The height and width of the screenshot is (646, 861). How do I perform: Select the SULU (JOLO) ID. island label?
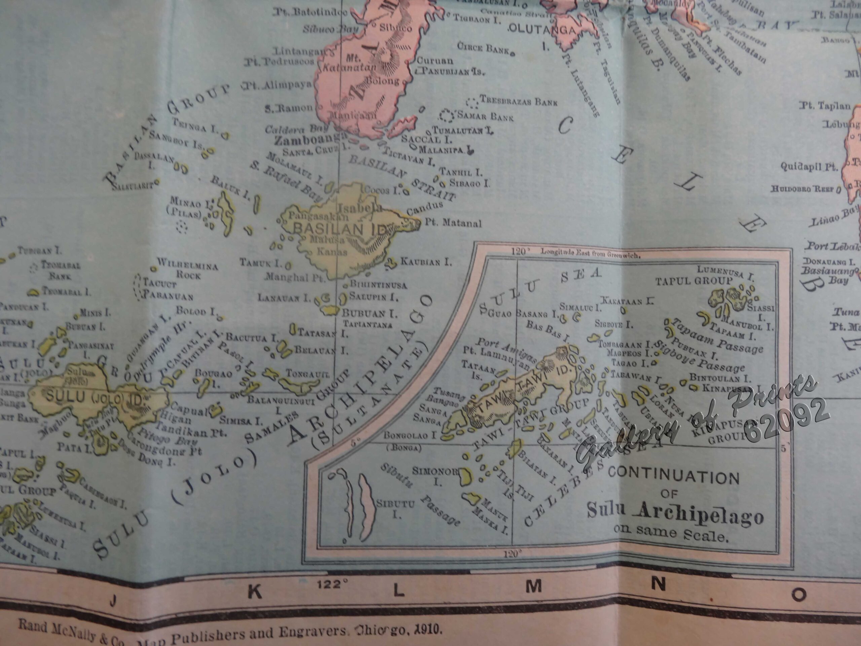point(93,398)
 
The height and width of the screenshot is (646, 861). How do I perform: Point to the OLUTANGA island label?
point(542,30)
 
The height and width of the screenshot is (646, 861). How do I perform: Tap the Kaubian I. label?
point(426,262)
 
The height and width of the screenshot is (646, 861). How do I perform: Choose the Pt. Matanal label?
point(453,223)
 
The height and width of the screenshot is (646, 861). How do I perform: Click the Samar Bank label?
point(485,116)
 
